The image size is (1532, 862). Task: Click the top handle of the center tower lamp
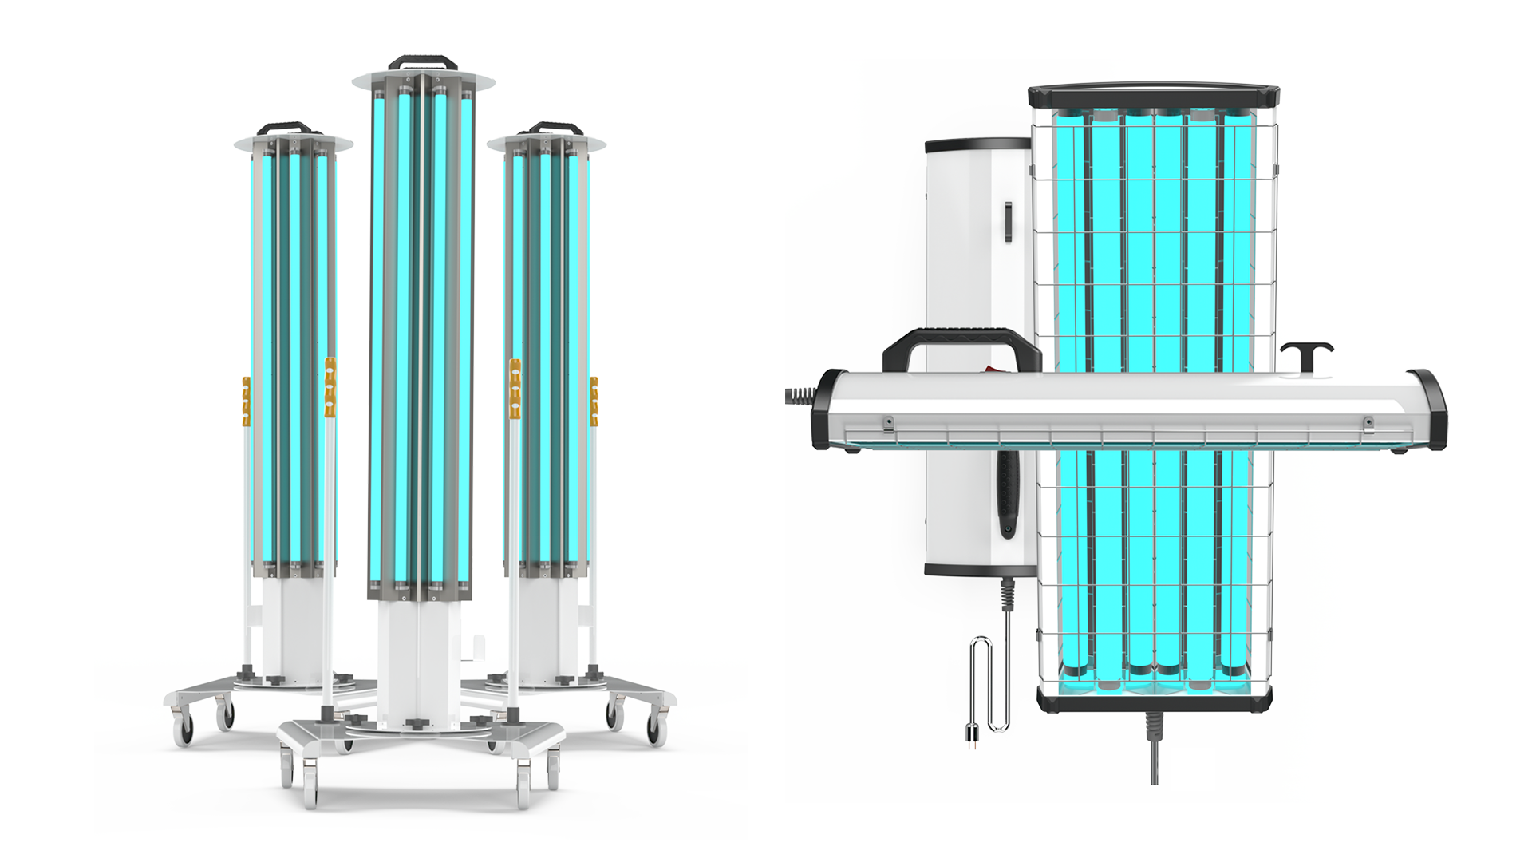point(423,61)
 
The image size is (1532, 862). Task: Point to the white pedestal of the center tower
point(419,654)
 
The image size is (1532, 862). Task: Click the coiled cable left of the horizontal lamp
point(798,393)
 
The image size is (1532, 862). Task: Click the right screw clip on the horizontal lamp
point(1367,421)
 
